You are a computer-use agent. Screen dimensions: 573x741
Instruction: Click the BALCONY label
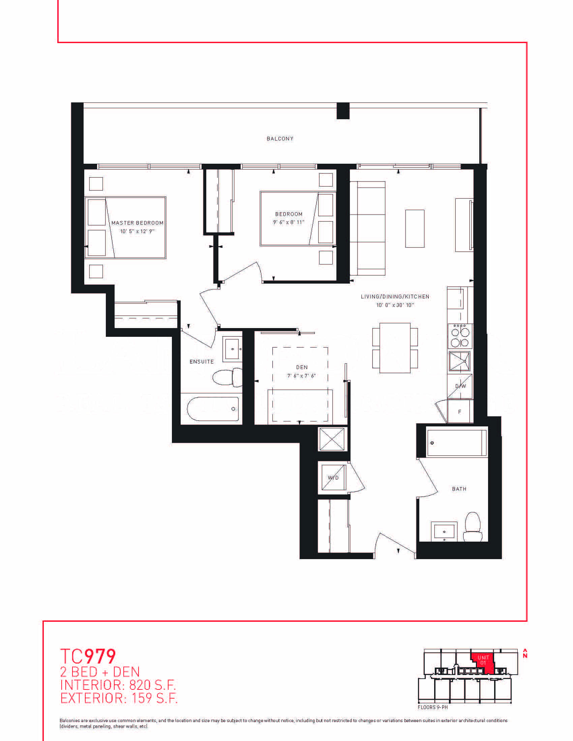(280, 138)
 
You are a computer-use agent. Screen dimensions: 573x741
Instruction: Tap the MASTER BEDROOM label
(138, 223)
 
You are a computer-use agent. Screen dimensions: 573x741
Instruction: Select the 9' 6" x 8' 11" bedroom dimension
(289, 222)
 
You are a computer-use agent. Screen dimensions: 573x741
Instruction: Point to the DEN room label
(302, 367)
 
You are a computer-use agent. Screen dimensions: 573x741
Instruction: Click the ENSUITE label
(202, 362)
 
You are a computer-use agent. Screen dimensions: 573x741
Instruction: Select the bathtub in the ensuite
(213, 409)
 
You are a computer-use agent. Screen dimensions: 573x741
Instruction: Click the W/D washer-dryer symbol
(333, 478)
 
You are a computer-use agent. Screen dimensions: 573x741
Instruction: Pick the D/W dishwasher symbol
(460, 386)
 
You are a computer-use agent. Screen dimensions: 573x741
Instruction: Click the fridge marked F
(460, 412)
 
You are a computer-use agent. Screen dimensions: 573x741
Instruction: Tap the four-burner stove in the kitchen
(460, 336)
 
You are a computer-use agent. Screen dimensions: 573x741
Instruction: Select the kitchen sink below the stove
(460, 361)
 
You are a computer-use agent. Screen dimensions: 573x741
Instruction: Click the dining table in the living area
(395, 348)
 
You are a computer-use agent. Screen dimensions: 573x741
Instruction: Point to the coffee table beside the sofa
(415, 229)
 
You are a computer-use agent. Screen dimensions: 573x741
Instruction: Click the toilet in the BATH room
(473, 527)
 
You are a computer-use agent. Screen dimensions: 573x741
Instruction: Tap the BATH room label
(459, 489)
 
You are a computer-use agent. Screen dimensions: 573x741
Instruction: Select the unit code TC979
(88, 656)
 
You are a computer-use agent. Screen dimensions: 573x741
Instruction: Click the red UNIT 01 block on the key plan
(482, 663)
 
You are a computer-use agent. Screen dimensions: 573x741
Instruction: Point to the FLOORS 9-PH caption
(433, 707)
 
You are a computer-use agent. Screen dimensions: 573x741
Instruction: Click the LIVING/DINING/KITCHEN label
(395, 296)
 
